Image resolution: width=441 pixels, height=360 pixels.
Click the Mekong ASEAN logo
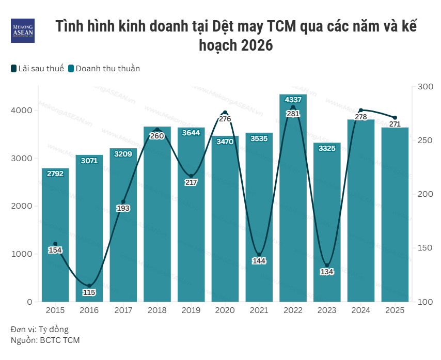click(23, 30)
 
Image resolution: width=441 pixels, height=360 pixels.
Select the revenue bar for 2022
click(293, 207)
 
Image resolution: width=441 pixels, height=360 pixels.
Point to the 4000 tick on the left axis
click(22, 111)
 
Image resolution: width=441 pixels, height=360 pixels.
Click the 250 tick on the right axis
click(426, 140)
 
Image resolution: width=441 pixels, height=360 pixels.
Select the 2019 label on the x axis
click(191, 310)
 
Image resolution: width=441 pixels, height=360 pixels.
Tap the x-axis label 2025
click(395, 310)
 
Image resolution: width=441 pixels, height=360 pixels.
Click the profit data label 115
click(89, 292)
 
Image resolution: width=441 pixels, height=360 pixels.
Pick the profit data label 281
click(293, 114)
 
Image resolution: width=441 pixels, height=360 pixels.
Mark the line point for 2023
click(327, 265)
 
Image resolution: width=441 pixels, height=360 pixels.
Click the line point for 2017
click(123, 202)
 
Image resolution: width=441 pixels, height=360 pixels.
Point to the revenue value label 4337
click(293, 100)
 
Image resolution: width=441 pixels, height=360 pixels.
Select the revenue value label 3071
click(89, 161)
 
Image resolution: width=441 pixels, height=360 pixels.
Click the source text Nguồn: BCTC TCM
click(45, 340)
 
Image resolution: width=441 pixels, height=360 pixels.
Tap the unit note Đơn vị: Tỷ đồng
click(39, 330)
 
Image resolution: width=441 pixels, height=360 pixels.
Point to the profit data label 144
click(259, 261)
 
